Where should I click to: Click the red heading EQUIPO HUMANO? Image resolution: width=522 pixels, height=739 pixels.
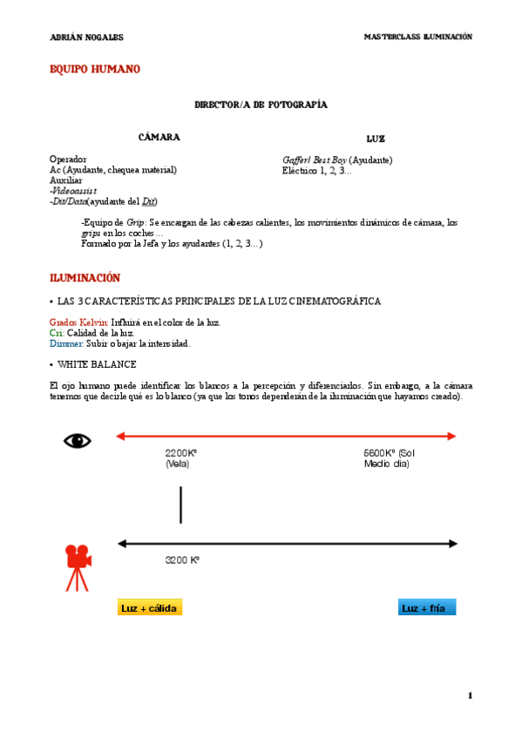[95, 69]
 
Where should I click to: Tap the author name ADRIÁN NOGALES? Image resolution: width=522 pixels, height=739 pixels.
[87, 37]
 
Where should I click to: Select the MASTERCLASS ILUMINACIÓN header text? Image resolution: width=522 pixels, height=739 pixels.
[417, 37]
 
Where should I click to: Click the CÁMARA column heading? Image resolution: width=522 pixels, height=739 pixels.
[159, 138]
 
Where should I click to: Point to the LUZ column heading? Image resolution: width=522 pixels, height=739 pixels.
[376, 139]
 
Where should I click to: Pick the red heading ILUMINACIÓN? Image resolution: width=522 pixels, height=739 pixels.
[85, 278]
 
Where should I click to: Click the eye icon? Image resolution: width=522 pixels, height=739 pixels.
[78, 441]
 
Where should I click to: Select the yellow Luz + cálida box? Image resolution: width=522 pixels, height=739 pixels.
[150, 608]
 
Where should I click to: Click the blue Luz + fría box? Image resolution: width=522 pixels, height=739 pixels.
[427, 608]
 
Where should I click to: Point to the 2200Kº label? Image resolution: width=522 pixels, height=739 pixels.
[181, 453]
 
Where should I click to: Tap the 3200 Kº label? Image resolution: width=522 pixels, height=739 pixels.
[183, 560]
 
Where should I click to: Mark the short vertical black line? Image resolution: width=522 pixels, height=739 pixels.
[180, 505]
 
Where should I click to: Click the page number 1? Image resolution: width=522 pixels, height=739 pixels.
[469, 695]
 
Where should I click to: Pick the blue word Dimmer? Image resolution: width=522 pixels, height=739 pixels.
[66, 343]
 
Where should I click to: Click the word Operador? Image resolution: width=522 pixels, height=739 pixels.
[69, 159]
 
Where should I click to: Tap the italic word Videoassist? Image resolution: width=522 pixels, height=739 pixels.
[74, 191]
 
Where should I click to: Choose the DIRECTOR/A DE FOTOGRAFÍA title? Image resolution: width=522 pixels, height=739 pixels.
[261, 105]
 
